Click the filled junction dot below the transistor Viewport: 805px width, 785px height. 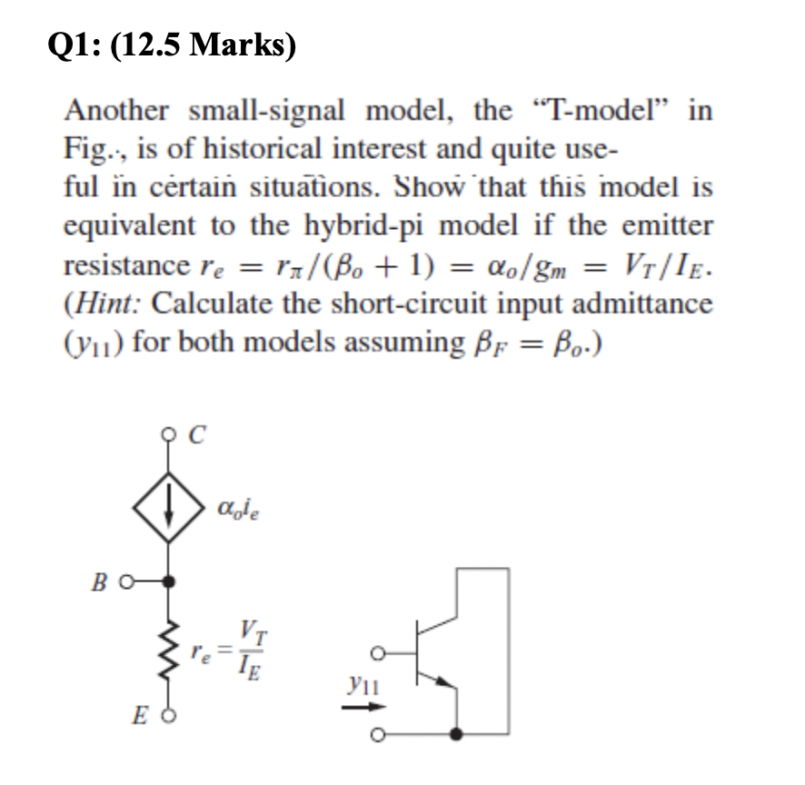(x=460, y=732)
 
